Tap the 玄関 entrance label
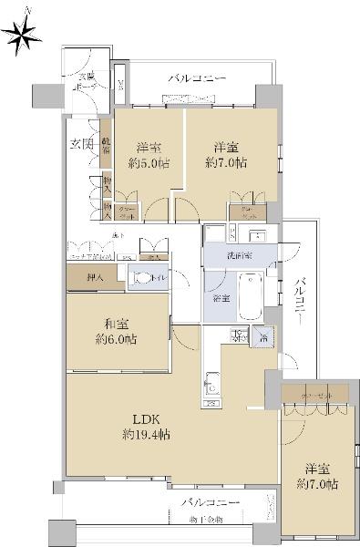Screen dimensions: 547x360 coord(81,144)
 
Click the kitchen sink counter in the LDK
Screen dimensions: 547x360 coord(211,383)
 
